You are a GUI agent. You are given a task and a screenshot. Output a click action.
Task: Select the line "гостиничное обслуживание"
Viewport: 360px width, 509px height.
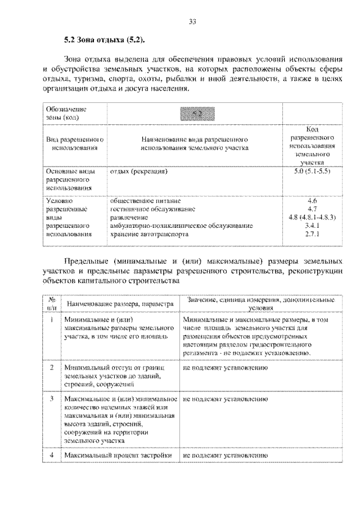click(x=152, y=209)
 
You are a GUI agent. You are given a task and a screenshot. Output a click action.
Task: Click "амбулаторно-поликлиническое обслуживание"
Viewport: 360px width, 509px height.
click(x=181, y=226)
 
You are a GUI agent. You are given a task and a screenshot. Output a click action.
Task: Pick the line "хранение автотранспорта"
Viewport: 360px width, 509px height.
click(x=150, y=234)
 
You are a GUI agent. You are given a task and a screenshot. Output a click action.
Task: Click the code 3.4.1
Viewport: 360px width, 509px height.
click(x=312, y=226)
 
